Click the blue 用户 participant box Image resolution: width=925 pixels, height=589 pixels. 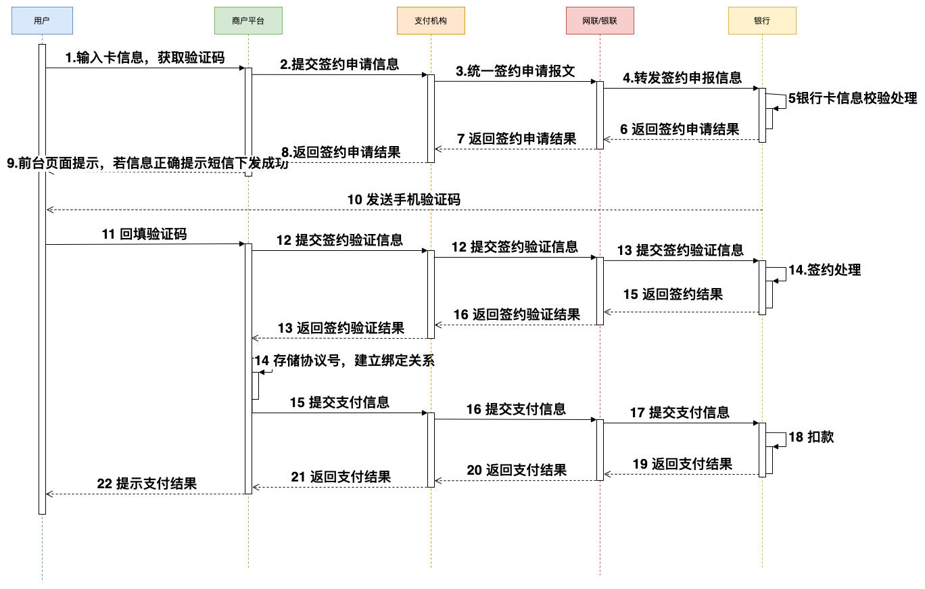pyautogui.click(x=42, y=21)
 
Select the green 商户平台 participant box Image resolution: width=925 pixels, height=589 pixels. pyautogui.click(x=248, y=21)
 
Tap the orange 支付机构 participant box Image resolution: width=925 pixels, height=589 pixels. pyautogui.click(x=431, y=21)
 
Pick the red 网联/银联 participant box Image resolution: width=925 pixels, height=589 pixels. pyautogui.click(x=600, y=21)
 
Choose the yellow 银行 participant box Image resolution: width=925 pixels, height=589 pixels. pyautogui.click(x=762, y=21)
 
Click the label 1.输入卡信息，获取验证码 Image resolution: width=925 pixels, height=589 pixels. pyautogui.click(x=145, y=58)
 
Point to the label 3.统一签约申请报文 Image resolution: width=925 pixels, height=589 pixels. pyautogui.click(x=515, y=72)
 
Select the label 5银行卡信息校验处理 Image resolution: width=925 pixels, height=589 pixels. pyautogui.click(x=852, y=99)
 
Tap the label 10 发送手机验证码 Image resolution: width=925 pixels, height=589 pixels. pyautogui.click(x=404, y=200)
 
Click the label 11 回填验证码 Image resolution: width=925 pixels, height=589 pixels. pyautogui.click(x=144, y=235)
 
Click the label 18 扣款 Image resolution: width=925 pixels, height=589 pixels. pyautogui.click(x=811, y=438)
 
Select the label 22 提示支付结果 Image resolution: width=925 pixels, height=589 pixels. pyautogui.click(x=147, y=484)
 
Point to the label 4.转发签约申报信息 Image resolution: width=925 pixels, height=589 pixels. pyautogui.click(x=682, y=78)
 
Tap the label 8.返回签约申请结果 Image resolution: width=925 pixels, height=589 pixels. pyautogui.click(x=341, y=153)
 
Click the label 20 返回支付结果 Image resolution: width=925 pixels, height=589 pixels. pyautogui.click(x=517, y=470)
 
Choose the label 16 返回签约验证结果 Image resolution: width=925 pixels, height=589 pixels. pyautogui.click(x=517, y=314)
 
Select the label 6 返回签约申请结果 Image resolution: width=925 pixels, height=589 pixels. pyautogui.click(x=680, y=129)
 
